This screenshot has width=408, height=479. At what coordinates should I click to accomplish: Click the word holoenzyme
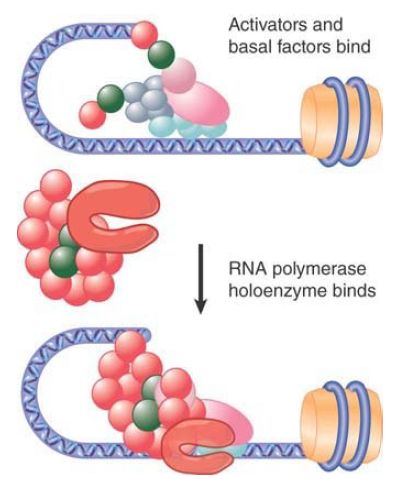[x=278, y=291]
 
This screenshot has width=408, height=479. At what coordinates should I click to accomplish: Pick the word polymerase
[x=319, y=270]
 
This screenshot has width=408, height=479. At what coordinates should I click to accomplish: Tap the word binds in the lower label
[x=354, y=290]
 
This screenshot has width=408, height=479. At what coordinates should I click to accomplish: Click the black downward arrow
[x=201, y=278]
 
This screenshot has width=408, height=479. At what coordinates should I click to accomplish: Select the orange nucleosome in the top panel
[x=342, y=121]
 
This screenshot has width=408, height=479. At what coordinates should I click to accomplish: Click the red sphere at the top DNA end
[x=144, y=34]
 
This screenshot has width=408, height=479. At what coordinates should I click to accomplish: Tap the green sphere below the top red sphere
[x=161, y=55]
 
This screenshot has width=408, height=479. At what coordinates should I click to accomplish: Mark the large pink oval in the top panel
[x=199, y=103]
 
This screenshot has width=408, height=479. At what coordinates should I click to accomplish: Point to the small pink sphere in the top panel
[x=178, y=75]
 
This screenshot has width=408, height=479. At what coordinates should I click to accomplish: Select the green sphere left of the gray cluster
[x=111, y=99]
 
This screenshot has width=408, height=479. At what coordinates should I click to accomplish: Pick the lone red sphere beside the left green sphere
[x=93, y=115]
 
